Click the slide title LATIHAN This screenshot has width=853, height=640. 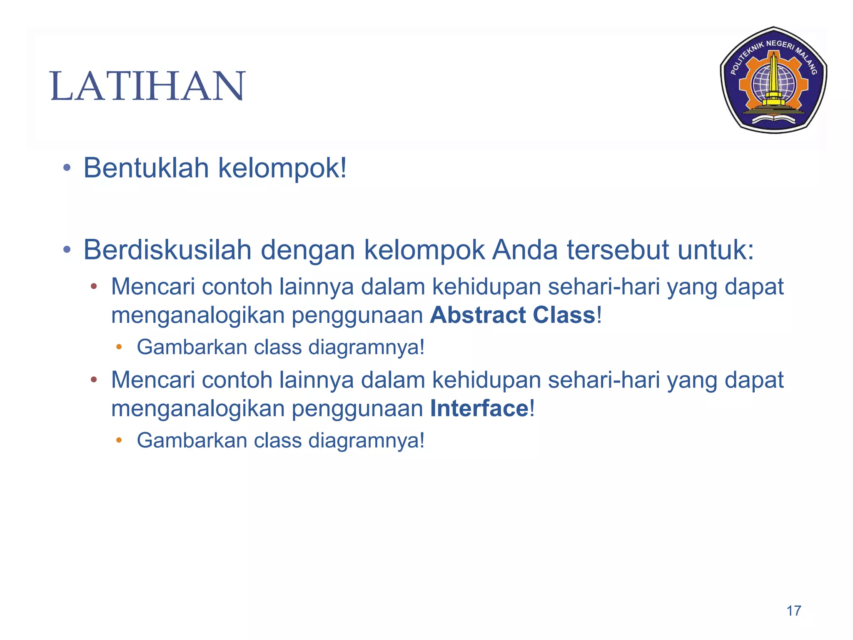147,86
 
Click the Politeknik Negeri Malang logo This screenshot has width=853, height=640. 773,80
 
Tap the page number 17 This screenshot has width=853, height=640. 793,611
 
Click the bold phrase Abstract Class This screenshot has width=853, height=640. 513,315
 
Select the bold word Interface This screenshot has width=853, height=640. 479,408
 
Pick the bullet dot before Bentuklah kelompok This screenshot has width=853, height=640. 67,169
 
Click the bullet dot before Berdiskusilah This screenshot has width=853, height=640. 67,250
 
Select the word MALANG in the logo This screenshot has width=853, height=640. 808,61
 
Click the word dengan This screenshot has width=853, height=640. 308,250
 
